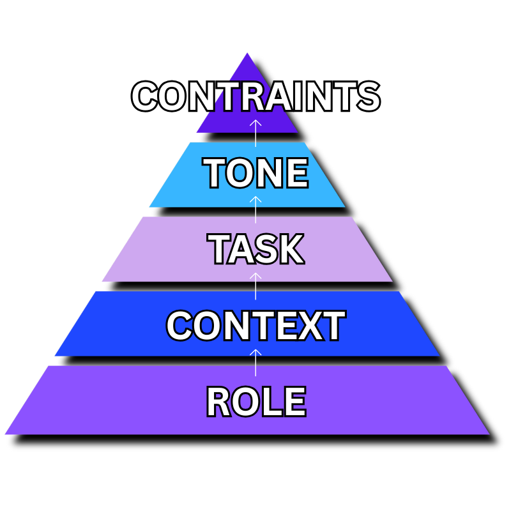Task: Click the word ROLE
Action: point(256,402)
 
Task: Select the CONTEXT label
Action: point(256,326)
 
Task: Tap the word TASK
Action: point(256,249)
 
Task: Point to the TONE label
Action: point(256,173)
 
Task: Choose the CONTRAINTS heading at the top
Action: point(256,96)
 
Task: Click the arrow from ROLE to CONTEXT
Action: point(256,361)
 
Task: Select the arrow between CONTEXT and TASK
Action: point(256,286)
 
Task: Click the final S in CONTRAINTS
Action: point(367,96)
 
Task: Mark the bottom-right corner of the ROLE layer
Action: point(489,434)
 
